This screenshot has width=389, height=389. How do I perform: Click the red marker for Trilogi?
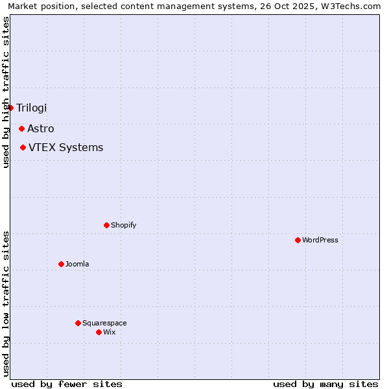pos(11,108)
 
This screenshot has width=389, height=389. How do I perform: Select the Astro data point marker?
pos(21,128)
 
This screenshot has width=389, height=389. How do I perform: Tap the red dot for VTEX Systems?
pos(23,147)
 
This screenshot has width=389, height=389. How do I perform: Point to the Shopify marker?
pos(106,225)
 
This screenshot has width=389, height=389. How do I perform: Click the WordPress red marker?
pos(298,240)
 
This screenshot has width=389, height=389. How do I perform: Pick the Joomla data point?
pos(61,264)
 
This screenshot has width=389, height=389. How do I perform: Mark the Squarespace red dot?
pos(78,323)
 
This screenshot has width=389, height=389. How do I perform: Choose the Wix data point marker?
pos(99,332)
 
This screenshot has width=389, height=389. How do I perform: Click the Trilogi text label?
pos(32,108)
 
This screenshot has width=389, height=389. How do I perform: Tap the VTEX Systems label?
pos(65,147)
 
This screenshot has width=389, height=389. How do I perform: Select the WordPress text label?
pos(320,240)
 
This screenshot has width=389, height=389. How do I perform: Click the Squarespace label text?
pos(104,323)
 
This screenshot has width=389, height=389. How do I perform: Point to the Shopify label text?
pos(123,225)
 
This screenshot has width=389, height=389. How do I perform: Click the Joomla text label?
pos(77,264)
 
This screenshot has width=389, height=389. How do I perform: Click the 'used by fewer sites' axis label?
pos(67,384)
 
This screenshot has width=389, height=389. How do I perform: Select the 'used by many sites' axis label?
pos(325,384)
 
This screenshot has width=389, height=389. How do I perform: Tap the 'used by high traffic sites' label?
pos(6,92)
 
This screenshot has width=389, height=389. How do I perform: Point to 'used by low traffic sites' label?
pos(6,303)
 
